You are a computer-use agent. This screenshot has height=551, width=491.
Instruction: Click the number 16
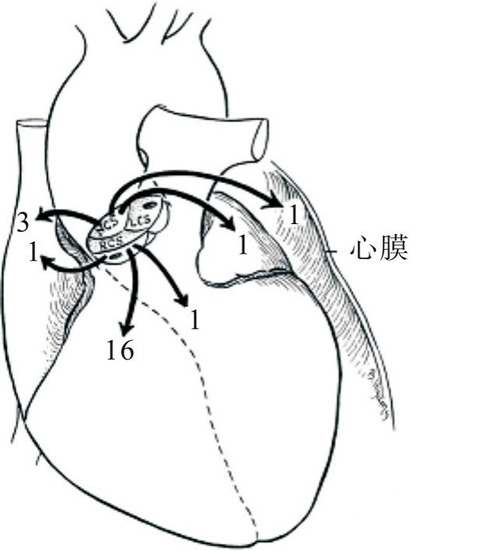click(x=120, y=350)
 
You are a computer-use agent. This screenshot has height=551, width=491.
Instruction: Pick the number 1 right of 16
click(x=194, y=319)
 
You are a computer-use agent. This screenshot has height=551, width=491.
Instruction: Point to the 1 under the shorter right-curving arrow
click(x=242, y=246)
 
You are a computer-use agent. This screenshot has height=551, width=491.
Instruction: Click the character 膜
click(x=394, y=251)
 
